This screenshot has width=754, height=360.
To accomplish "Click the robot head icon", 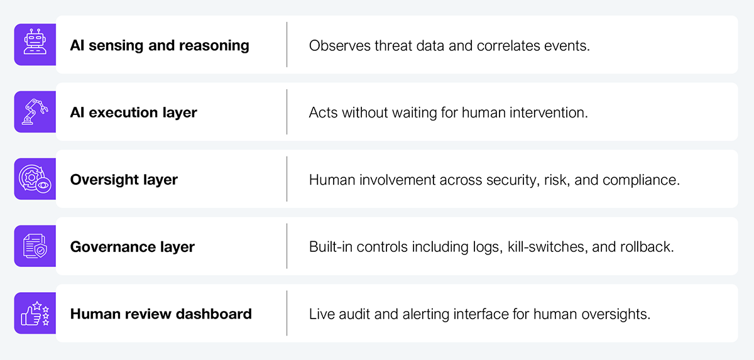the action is click(x=35, y=41).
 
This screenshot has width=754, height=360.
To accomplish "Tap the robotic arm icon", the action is click(x=35, y=112).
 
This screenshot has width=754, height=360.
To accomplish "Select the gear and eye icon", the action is click(x=35, y=179).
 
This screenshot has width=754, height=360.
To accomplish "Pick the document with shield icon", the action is click(x=35, y=246).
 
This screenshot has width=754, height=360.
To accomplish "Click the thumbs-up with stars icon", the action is click(x=35, y=314).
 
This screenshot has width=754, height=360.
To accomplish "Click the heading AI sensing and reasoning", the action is click(x=160, y=45).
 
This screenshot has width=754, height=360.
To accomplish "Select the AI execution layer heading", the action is click(x=133, y=112).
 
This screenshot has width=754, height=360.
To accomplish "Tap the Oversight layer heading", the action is click(x=124, y=180).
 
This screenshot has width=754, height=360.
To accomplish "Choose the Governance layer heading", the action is click(x=133, y=247).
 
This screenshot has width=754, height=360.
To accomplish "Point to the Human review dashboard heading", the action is click(x=161, y=314).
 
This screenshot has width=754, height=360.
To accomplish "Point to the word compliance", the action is click(x=641, y=180).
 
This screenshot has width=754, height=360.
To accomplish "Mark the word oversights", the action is click(x=616, y=314).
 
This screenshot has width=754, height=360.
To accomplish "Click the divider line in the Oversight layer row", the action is click(x=287, y=179).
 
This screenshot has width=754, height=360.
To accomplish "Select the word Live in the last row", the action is click(x=322, y=314).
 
